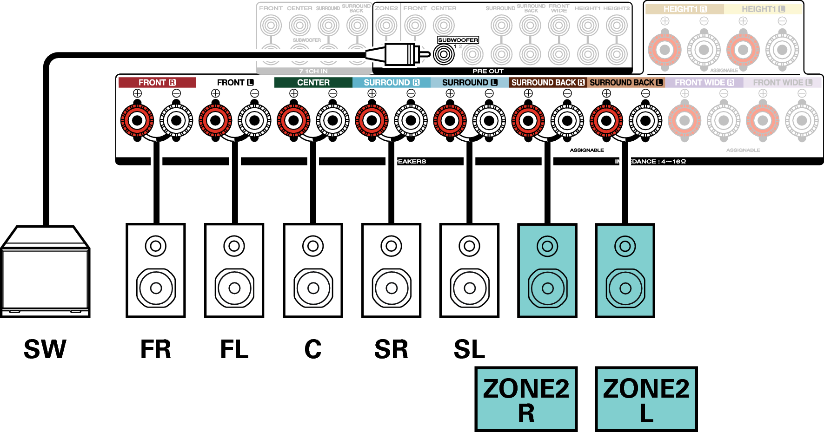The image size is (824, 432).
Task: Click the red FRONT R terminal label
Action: (157, 83)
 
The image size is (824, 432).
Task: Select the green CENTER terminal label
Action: (313, 83)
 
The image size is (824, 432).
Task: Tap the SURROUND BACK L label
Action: (626, 83)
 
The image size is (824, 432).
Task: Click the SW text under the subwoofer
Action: (45, 349)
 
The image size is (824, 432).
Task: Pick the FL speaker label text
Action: (234, 349)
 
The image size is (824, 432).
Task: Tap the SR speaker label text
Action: (391, 349)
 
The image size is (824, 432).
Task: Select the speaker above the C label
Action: (313, 271)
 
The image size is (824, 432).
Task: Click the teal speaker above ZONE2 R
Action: (547, 271)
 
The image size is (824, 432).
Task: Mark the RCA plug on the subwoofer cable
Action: (400, 54)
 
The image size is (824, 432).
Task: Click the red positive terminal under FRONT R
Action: (137, 121)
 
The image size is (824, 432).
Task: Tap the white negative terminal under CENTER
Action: (332, 121)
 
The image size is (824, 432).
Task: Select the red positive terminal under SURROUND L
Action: (450, 121)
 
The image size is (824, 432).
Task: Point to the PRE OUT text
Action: (488, 71)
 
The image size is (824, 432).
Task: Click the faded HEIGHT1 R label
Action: (684, 9)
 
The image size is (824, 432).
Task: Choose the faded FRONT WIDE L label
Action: (782, 83)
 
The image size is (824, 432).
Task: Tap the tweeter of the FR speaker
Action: (156, 246)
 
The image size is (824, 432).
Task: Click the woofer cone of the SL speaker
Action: (470, 288)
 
